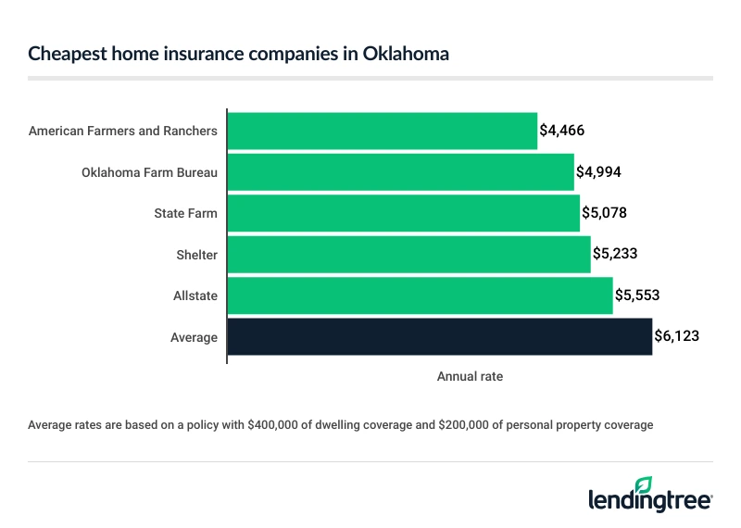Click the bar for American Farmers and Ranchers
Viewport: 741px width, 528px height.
pyautogui.click(x=382, y=131)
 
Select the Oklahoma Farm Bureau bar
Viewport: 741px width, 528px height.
pyautogui.click(x=400, y=172)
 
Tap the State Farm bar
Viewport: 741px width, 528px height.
pyautogui.click(x=403, y=213)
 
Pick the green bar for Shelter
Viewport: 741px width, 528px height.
pyautogui.click(x=408, y=255)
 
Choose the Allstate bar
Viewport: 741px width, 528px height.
pyautogui.click(x=420, y=295)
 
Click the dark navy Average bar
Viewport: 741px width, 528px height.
pyautogui.click(x=439, y=337)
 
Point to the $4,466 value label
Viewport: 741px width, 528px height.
pyautogui.click(x=562, y=131)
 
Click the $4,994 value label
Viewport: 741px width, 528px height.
pyautogui.click(x=599, y=172)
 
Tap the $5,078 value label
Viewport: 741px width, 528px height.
pyautogui.click(x=605, y=213)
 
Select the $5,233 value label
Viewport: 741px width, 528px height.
pyautogui.click(x=616, y=255)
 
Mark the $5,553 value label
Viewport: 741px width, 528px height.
pyautogui.click(x=638, y=295)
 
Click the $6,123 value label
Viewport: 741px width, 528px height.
pyautogui.click(x=677, y=337)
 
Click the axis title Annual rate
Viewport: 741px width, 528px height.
pyautogui.click(x=469, y=377)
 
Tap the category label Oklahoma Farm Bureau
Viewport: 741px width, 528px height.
pyautogui.click(x=149, y=172)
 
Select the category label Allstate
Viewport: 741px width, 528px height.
pyautogui.click(x=195, y=295)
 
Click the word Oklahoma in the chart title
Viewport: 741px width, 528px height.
pyautogui.click(x=403, y=54)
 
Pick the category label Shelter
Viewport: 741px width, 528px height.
pyautogui.click(x=196, y=255)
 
